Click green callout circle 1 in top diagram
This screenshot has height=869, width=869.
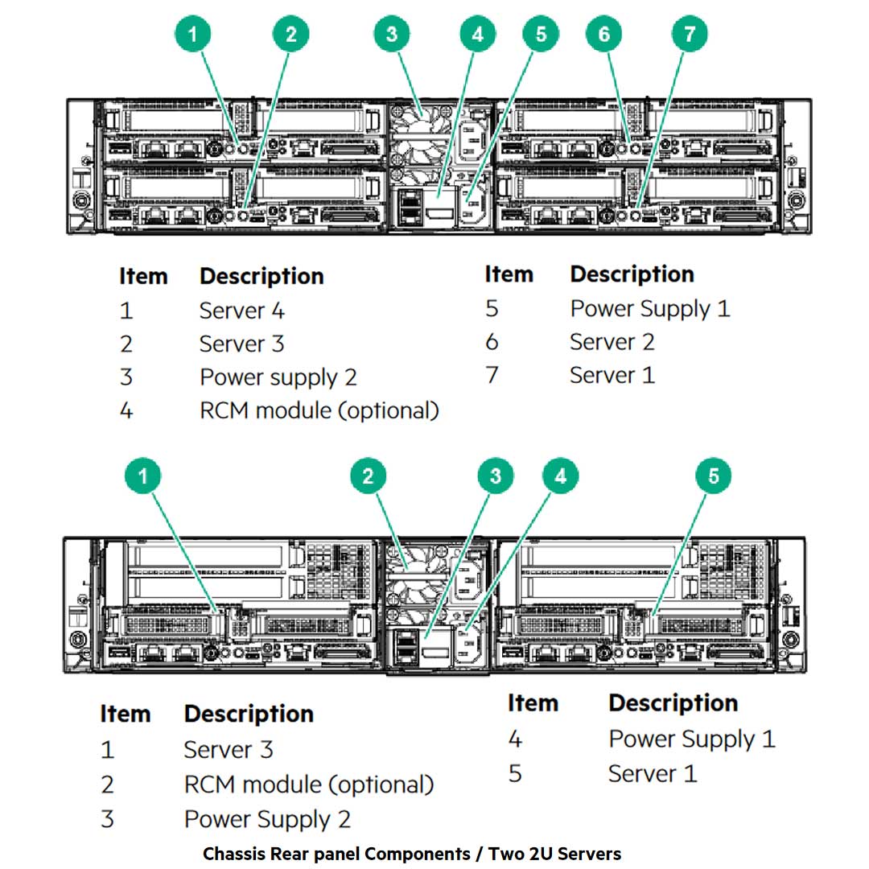click(x=193, y=35)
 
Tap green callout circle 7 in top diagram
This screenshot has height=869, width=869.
click(x=690, y=35)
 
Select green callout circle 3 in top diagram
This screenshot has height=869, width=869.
click(x=392, y=35)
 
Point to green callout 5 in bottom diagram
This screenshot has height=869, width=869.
click(x=713, y=476)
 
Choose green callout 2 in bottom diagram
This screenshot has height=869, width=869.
click(x=369, y=476)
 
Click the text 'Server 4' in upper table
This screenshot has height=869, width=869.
click(x=241, y=311)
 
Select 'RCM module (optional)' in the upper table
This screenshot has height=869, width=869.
click(x=319, y=410)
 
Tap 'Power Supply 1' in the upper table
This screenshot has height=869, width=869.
click(x=649, y=309)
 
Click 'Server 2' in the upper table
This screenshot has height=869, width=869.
click(x=612, y=342)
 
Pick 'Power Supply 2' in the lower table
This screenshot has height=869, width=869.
click(x=267, y=819)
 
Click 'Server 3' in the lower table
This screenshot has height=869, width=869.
click(x=229, y=750)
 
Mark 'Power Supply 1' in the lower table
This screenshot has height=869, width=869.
click(x=691, y=739)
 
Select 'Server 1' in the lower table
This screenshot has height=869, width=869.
click(x=652, y=773)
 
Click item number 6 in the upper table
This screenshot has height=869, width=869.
click(x=492, y=342)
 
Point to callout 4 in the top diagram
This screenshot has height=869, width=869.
click(x=478, y=35)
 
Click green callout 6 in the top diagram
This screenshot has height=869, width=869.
click(x=603, y=35)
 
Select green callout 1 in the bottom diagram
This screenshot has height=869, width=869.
click(x=143, y=476)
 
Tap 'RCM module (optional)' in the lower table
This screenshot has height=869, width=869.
click(x=309, y=784)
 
